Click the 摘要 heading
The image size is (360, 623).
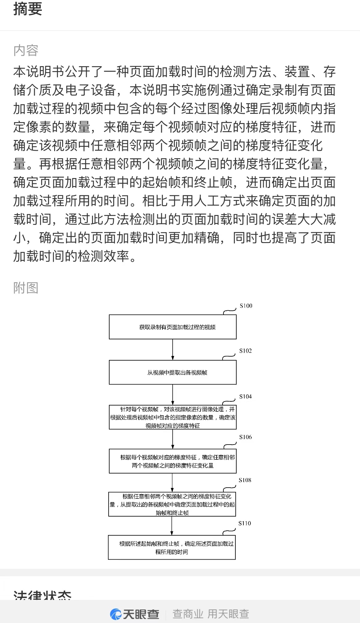tap(28, 9)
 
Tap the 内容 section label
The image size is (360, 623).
tap(26, 50)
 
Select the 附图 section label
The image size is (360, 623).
tap(26, 288)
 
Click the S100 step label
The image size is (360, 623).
tap(246, 306)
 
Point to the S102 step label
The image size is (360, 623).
tap(246, 351)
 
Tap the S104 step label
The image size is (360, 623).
tap(246, 396)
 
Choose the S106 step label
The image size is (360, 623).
tap(246, 437)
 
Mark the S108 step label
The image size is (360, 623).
tap(245, 480)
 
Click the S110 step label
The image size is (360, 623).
tap(245, 523)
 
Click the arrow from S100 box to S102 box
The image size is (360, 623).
tap(173, 349)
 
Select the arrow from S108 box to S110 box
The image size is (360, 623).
tap(172, 526)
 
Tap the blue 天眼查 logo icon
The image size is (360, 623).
tap(116, 614)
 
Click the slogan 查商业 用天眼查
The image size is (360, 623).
tap(210, 614)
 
